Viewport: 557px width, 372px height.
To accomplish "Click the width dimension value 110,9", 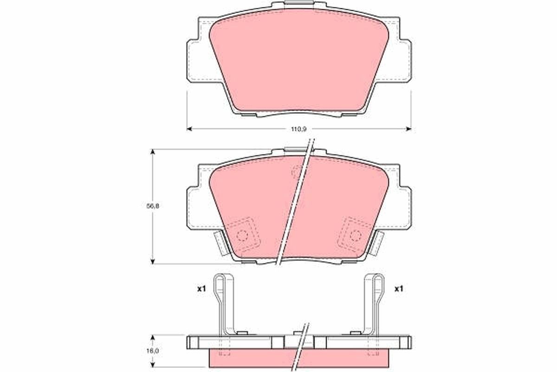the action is (299, 129).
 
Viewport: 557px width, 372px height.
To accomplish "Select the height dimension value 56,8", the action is (153, 206).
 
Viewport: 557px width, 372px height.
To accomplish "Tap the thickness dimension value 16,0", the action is (153, 351).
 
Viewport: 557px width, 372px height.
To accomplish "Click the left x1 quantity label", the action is (201, 289).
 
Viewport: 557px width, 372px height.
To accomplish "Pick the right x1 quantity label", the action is (399, 289).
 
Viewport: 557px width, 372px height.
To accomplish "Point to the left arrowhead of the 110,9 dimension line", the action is (189, 129).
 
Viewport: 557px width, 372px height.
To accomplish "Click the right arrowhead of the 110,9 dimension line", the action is (408, 129).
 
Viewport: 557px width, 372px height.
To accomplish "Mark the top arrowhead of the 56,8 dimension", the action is (153, 152).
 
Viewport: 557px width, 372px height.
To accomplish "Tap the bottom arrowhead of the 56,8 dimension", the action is (153, 261).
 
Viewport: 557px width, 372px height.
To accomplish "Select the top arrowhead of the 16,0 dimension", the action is (153, 338).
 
